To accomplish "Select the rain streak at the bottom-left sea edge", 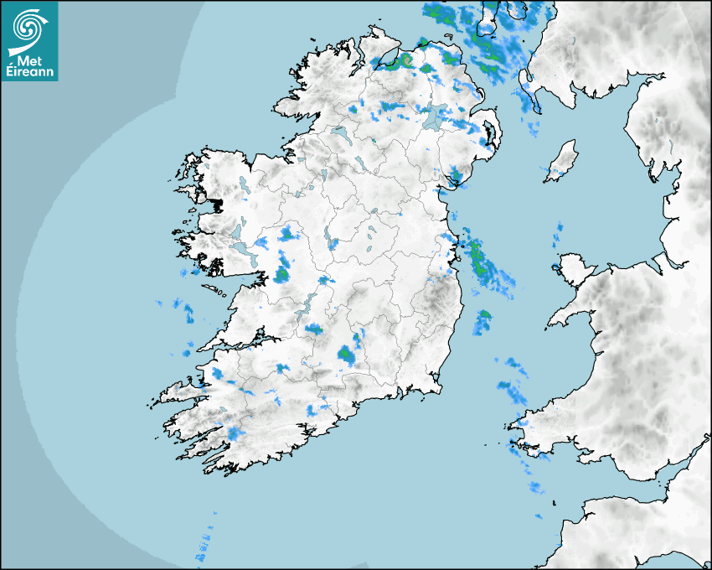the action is [204, 545].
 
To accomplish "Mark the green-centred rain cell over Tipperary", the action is [346, 355].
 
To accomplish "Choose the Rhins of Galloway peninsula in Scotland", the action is [527, 84].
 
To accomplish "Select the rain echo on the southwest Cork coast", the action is [237, 433].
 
